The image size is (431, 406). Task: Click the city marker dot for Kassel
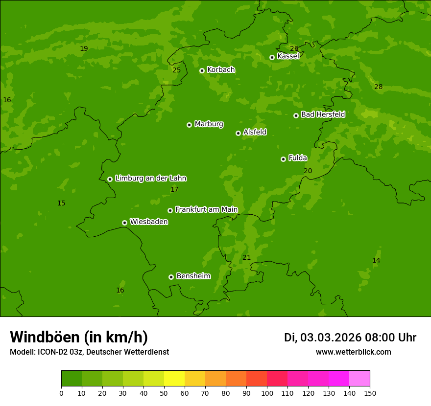(272, 57)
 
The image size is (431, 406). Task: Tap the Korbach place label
(221, 70)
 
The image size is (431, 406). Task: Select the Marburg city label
(209, 124)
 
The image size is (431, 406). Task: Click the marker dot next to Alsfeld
(238, 133)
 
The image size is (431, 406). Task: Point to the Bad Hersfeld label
(323, 114)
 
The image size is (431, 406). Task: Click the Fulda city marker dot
(283, 159)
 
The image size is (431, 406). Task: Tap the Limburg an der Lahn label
(150, 178)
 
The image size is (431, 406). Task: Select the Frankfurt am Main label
(206, 209)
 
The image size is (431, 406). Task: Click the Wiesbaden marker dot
(124, 223)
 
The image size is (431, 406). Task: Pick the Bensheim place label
(193, 276)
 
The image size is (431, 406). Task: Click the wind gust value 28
(378, 87)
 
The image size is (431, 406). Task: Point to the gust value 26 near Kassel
(294, 48)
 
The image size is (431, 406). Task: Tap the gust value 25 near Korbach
(176, 70)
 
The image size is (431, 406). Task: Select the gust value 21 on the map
(246, 258)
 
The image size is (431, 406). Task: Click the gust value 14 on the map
(376, 261)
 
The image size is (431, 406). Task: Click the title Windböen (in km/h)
(79, 337)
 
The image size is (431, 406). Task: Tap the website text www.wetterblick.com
(353, 352)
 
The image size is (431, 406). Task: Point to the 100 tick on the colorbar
(267, 393)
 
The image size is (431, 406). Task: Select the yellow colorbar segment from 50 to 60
(174, 379)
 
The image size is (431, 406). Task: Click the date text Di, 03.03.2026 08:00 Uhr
(350, 338)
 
